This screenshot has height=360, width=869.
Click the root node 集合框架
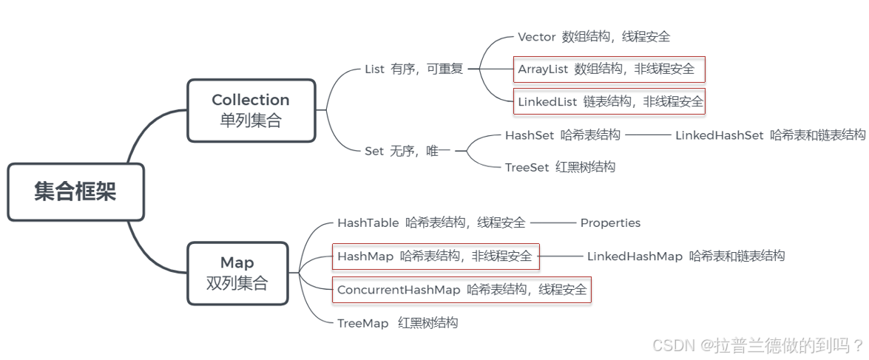[x=75, y=191]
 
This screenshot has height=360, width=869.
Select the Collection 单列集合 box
[x=251, y=110]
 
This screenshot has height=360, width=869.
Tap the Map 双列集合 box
[x=237, y=273]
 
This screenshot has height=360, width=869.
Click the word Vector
[x=536, y=36]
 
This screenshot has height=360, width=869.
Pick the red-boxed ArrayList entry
[x=609, y=69]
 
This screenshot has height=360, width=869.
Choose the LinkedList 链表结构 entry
[x=609, y=102]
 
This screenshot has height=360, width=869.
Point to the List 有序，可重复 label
[x=413, y=69]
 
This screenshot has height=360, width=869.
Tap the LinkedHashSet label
[x=719, y=135]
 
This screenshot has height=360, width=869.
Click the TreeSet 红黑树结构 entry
[x=560, y=167]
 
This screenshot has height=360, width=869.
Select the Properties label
[x=610, y=223]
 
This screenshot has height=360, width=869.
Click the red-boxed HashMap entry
[x=436, y=257]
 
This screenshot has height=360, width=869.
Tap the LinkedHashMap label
[x=635, y=257]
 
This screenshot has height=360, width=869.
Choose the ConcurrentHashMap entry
[x=461, y=290]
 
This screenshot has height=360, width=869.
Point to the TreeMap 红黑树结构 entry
[x=397, y=322]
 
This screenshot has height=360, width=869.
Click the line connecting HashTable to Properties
[x=552, y=223]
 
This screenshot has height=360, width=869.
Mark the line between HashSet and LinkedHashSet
[x=647, y=135]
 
